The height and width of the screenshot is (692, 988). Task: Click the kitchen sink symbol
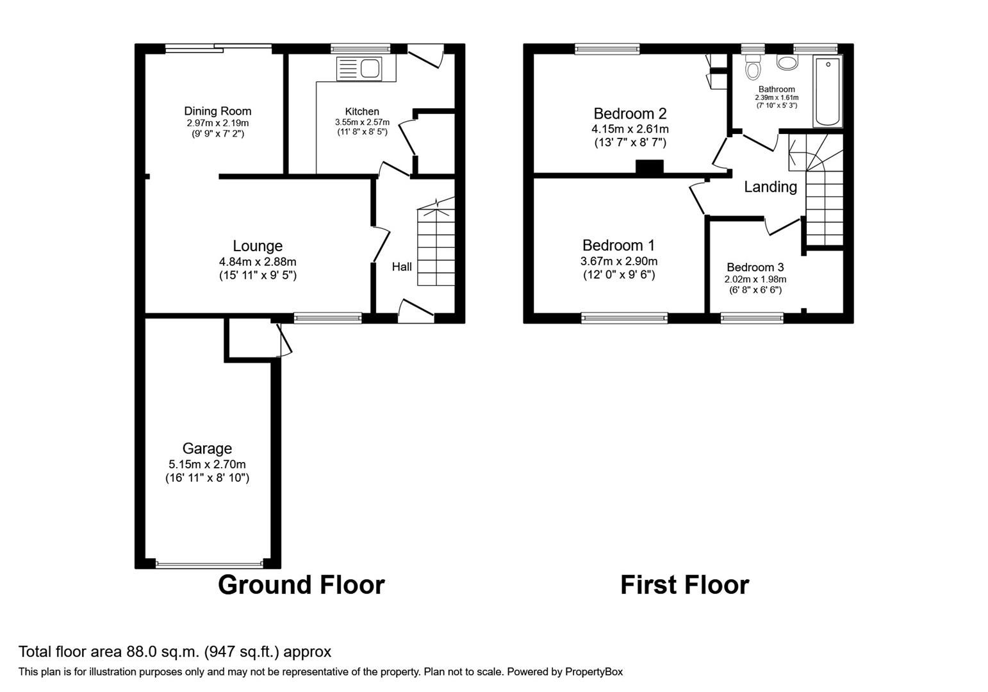(x=359, y=68)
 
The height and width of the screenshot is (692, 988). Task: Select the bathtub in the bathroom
(x=828, y=91)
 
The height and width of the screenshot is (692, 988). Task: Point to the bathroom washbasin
(x=787, y=63)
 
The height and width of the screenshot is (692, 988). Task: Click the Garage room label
(x=207, y=449)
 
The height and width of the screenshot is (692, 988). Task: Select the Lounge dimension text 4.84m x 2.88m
(x=258, y=261)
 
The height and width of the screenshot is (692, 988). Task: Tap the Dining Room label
(x=218, y=111)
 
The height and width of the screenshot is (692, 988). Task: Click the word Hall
(x=402, y=267)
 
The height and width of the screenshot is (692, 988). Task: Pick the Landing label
(x=770, y=186)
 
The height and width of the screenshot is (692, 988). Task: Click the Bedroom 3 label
(x=755, y=267)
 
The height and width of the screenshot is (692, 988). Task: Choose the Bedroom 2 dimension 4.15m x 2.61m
(x=630, y=129)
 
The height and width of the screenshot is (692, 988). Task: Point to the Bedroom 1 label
(x=618, y=245)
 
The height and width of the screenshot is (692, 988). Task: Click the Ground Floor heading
(x=301, y=585)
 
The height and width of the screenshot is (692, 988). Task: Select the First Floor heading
(x=684, y=585)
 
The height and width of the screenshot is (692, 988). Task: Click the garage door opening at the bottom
(x=209, y=564)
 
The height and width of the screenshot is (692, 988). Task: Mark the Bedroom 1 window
(x=624, y=317)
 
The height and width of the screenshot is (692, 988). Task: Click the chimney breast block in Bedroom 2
(x=649, y=167)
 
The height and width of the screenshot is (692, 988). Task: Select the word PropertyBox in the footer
(x=594, y=672)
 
